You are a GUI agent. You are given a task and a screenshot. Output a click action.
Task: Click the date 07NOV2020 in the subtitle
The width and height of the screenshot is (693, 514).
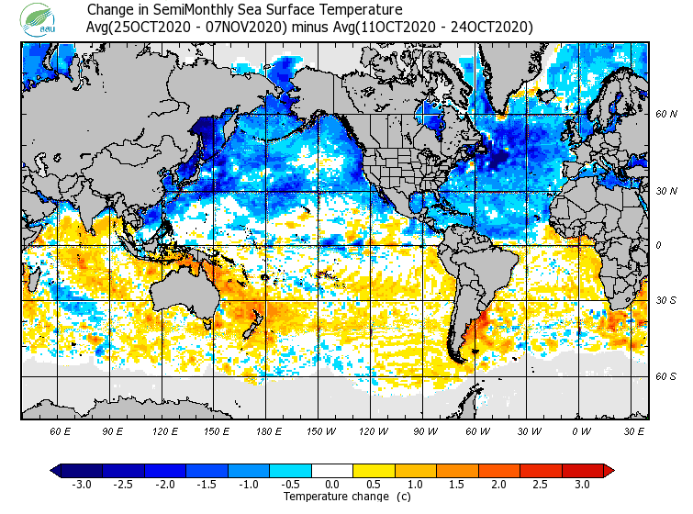click(x=245, y=27)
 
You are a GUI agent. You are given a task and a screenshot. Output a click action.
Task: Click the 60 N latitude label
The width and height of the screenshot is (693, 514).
click(x=666, y=114)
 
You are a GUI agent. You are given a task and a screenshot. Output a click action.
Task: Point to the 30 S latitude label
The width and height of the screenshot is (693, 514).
click(x=666, y=300)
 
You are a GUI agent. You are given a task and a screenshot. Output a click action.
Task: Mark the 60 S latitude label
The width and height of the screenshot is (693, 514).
click(x=666, y=375)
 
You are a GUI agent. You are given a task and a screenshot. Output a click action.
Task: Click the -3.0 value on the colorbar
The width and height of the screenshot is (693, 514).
click(x=82, y=484)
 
